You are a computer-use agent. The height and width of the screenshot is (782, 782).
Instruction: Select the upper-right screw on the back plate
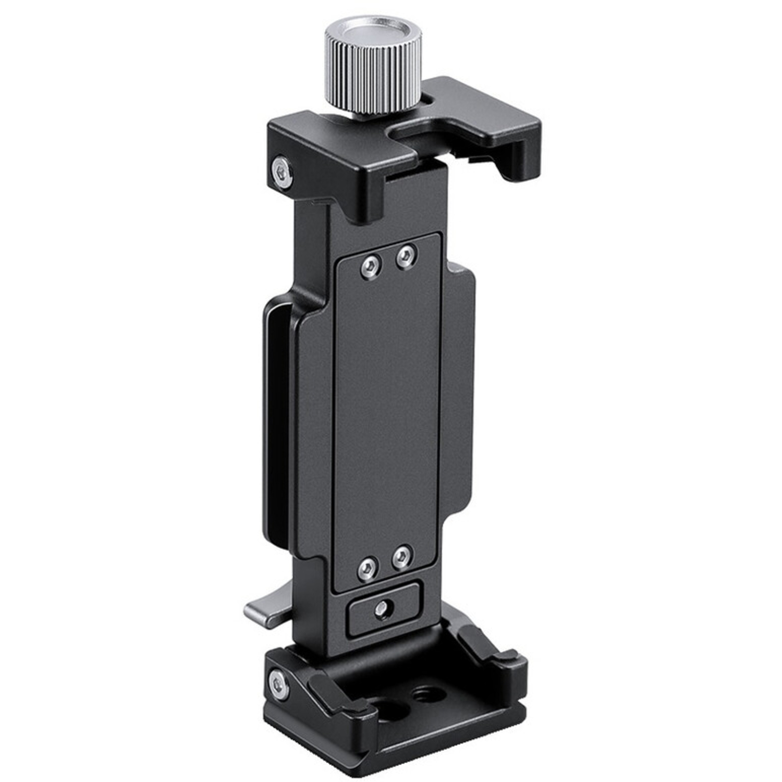click(x=406, y=256)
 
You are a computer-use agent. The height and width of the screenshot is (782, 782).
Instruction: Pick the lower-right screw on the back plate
click(x=401, y=557)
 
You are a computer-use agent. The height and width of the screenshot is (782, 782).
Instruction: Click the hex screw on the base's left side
click(x=279, y=684)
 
